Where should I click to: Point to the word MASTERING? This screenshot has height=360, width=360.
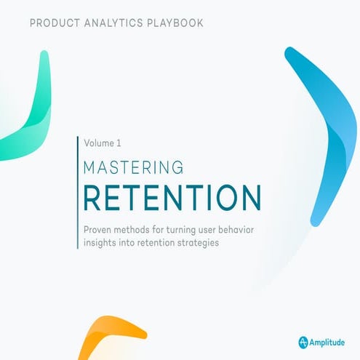point(134,168)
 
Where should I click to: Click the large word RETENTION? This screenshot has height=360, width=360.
point(172,198)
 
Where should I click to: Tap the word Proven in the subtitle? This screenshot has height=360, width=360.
point(100,230)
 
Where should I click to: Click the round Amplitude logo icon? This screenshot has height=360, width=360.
point(303,341)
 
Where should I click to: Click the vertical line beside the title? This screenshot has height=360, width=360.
point(77,193)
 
